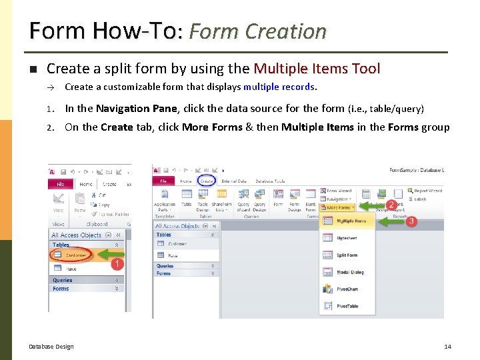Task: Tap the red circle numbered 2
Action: point(391,204)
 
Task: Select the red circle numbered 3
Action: point(411,221)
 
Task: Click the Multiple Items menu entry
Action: point(351,221)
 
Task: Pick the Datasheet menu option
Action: point(347,237)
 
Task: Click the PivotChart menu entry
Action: point(347,289)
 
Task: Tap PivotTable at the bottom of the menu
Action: point(347,306)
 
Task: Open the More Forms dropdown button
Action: point(338,207)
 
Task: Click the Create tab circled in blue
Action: point(207,181)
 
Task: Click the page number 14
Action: point(447,347)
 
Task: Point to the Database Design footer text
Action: point(51,347)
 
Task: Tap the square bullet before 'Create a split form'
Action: point(31,69)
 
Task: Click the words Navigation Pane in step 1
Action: point(136,108)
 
